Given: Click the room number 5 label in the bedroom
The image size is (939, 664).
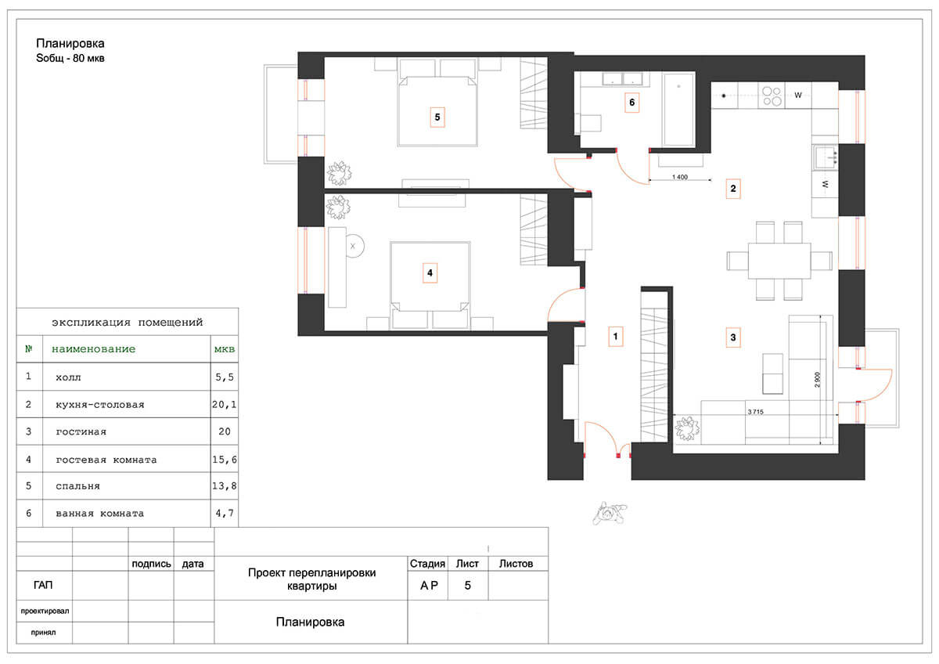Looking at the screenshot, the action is (437, 117).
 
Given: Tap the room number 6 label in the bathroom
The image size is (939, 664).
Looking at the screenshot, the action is (631, 103).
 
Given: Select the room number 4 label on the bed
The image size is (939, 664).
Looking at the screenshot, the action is (430, 273).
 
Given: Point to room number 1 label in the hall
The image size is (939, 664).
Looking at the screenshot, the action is (615, 337).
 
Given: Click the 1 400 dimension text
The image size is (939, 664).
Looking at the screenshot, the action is (680, 177).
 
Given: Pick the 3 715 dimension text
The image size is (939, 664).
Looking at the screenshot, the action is (755, 412).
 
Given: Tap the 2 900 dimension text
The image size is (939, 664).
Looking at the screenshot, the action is (818, 380).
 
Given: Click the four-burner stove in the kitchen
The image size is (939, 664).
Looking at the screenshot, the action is (772, 96).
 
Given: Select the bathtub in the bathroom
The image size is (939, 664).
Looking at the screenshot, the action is (679, 110).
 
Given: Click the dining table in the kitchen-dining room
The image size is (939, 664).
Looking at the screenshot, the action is (779, 261).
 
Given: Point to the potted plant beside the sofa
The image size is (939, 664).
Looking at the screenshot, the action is (687, 428).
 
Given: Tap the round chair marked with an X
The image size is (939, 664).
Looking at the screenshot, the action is (354, 246).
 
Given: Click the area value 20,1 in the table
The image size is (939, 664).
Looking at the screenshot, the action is (225, 404).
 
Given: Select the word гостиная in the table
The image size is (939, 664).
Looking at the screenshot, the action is (81, 432).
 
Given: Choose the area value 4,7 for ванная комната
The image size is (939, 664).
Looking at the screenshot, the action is (225, 513).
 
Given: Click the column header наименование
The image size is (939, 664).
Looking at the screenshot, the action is (93, 349).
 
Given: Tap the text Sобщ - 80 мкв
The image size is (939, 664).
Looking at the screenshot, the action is (70, 58).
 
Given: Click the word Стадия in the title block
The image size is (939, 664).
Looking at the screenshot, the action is (427, 563).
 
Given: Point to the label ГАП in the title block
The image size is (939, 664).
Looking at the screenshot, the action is (43, 585).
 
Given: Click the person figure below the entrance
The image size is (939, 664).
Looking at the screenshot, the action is (610, 513).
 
